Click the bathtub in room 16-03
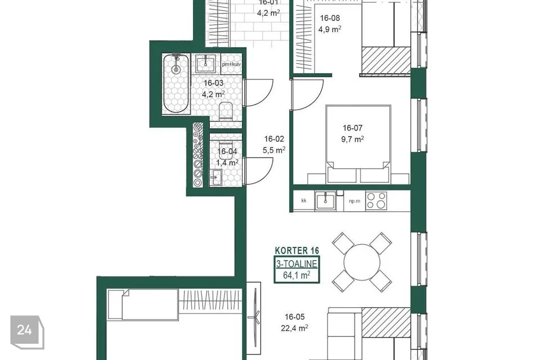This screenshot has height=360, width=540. pos(176,83)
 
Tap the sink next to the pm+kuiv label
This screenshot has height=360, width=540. pos(206,64)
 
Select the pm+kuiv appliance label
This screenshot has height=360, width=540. pos(231,64)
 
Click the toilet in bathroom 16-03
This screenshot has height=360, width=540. pos(226,111)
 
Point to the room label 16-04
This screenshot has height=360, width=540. pos(227,151)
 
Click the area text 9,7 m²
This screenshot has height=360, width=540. pos(352,139)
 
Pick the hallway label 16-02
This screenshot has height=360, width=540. pos(274,139)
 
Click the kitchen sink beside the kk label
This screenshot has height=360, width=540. pos(326,200)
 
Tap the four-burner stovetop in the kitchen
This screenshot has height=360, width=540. pos(376,200)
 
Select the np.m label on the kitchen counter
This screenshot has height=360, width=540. pos(354,201)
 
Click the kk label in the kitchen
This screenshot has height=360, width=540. pos(304,200)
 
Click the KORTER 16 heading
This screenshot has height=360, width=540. pos(297,250)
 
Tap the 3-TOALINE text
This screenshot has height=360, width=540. pos(296,264)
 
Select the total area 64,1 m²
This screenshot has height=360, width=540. pos(296,275)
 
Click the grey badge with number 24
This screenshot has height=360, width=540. pos(27,332)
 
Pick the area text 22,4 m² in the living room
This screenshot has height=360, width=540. pos(294,328)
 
